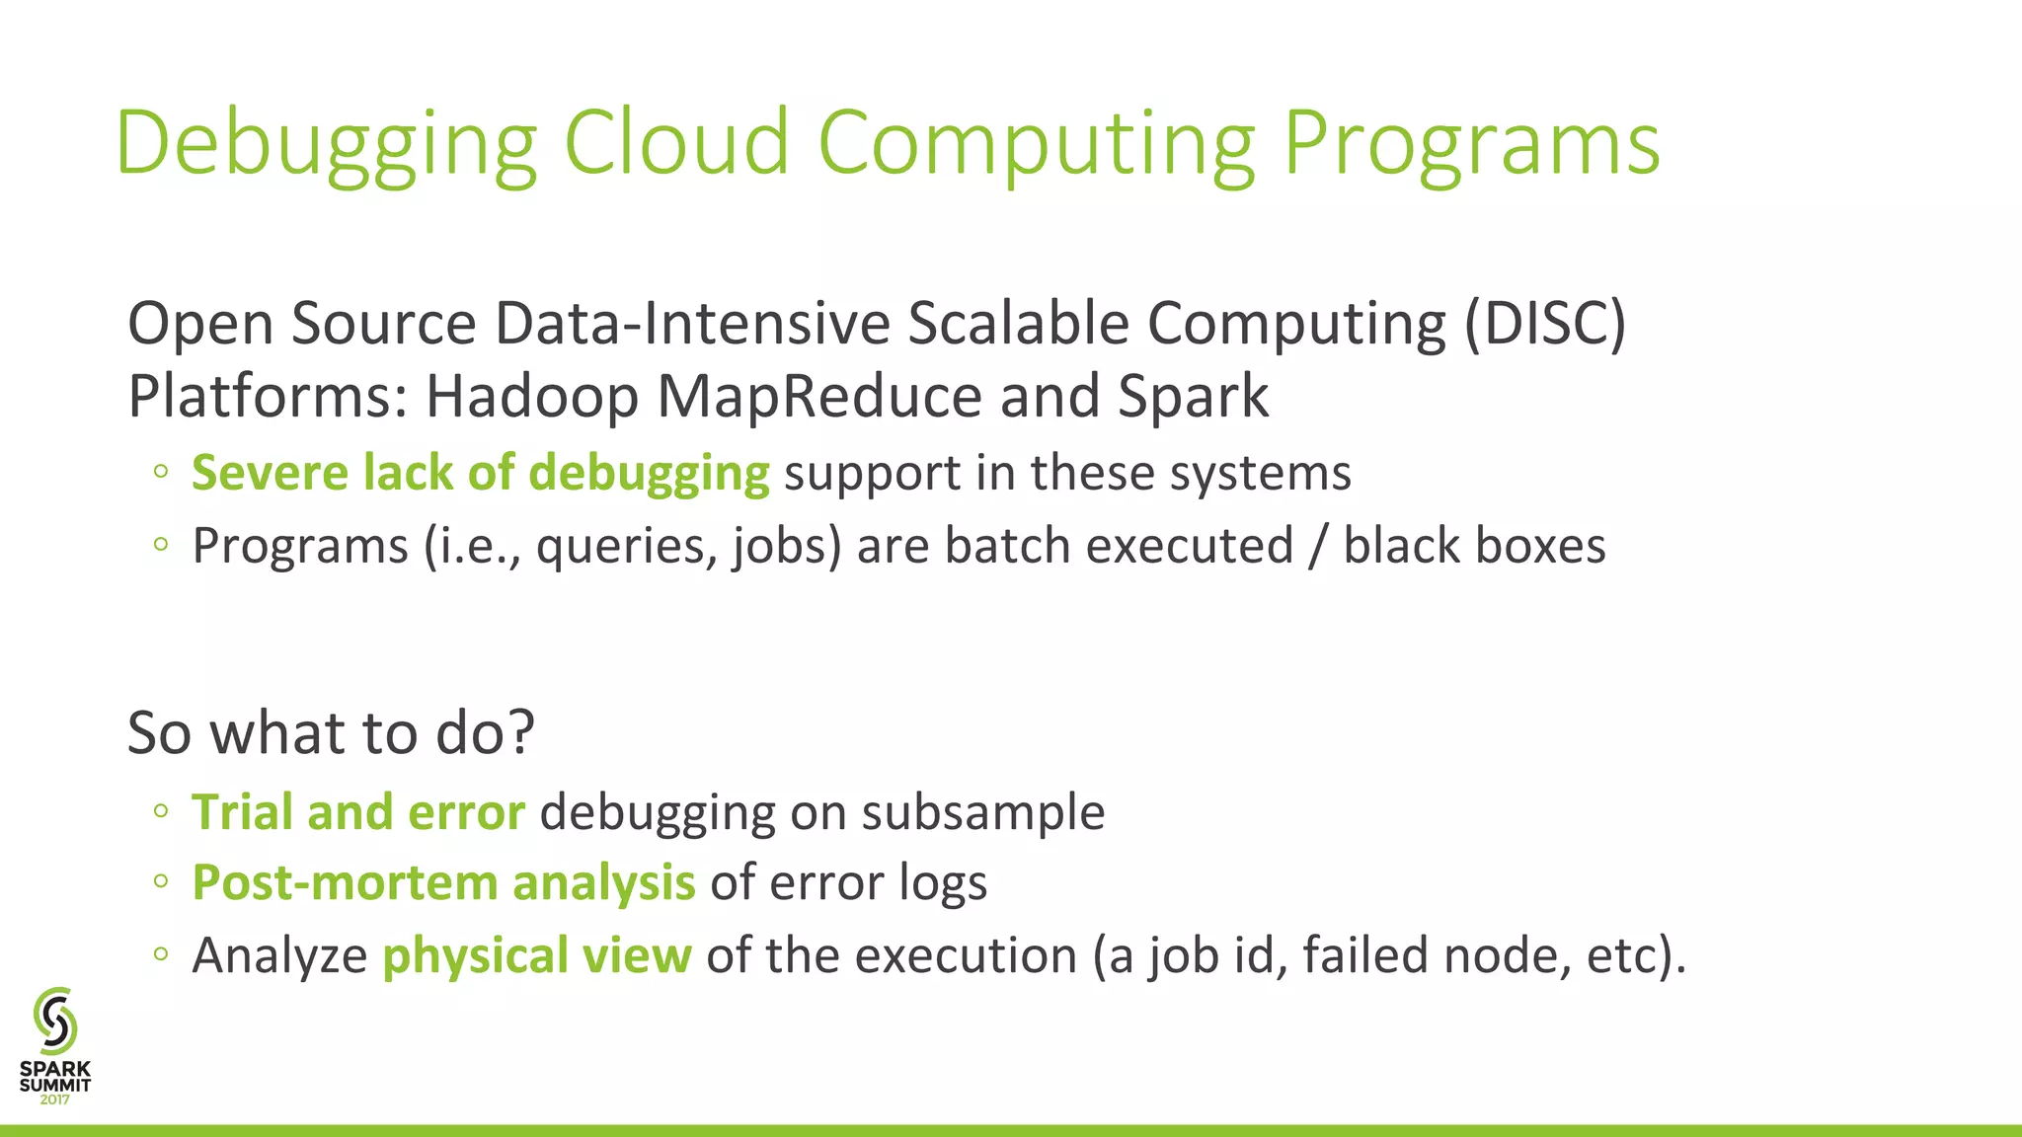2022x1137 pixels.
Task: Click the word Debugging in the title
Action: pos(326,146)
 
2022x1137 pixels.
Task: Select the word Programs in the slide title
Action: pos(1471,146)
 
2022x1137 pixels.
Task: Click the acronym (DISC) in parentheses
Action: pos(1544,324)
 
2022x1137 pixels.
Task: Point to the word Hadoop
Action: pos(532,398)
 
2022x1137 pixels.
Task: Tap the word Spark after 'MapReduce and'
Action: pos(1193,398)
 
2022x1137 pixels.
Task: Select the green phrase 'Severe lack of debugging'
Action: pos(480,473)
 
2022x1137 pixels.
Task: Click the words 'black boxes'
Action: pos(1473,546)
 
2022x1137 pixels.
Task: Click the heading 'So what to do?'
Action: pos(331,732)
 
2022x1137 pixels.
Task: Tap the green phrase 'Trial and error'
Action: pos(357,812)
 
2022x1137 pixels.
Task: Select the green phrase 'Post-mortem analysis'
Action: pos(443,882)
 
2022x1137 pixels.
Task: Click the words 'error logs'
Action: pos(878,882)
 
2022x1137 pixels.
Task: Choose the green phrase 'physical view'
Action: pos(537,955)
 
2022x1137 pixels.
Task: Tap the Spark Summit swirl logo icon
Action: pos(55,1021)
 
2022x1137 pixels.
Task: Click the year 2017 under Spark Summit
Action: pos(55,1099)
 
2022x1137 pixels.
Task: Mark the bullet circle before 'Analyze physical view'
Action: pos(161,953)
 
